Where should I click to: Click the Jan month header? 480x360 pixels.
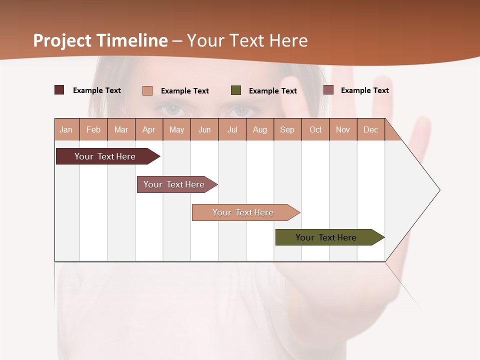point(66,129)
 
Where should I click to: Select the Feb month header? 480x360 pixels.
point(93,129)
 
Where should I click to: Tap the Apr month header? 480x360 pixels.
point(149,129)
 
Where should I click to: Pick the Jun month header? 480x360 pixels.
point(204,129)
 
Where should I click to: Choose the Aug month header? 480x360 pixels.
point(260,129)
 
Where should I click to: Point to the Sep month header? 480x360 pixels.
point(287,129)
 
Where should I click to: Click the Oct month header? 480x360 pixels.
point(315,129)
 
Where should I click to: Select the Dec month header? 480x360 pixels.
point(371,129)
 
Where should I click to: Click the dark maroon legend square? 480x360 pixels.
point(59,90)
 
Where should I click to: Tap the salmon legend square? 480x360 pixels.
point(147,90)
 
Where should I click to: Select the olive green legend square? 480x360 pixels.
point(236,90)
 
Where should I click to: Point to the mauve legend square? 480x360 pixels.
point(328,90)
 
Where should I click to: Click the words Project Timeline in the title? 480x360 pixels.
point(100,40)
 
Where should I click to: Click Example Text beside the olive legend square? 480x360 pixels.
point(273,91)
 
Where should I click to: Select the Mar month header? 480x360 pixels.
point(121,129)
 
